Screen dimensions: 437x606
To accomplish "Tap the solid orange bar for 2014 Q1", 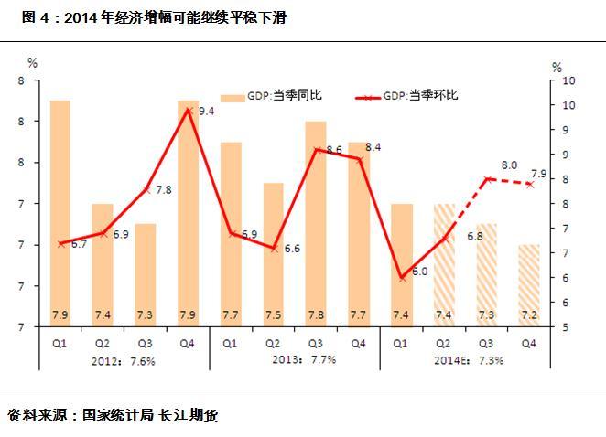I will (x=401, y=265).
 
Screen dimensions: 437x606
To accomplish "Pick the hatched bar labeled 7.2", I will (x=528, y=283).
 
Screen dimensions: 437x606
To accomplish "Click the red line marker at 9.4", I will (x=189, y=111).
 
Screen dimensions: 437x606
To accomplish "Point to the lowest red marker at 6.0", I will (x=401, y=278).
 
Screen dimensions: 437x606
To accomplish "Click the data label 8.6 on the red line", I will (x=333, y=149).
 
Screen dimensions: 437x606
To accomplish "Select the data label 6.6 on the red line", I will (x=292, y=249).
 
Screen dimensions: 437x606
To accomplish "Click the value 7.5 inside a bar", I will (x=273, y=315).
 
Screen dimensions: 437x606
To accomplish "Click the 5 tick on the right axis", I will (x=570, y=326).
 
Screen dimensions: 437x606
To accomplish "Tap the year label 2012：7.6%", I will (x=125, y=360).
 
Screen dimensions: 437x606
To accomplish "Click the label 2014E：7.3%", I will (x=469, y=360).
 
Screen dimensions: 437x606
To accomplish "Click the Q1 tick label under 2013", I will (x=231, y=344).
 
